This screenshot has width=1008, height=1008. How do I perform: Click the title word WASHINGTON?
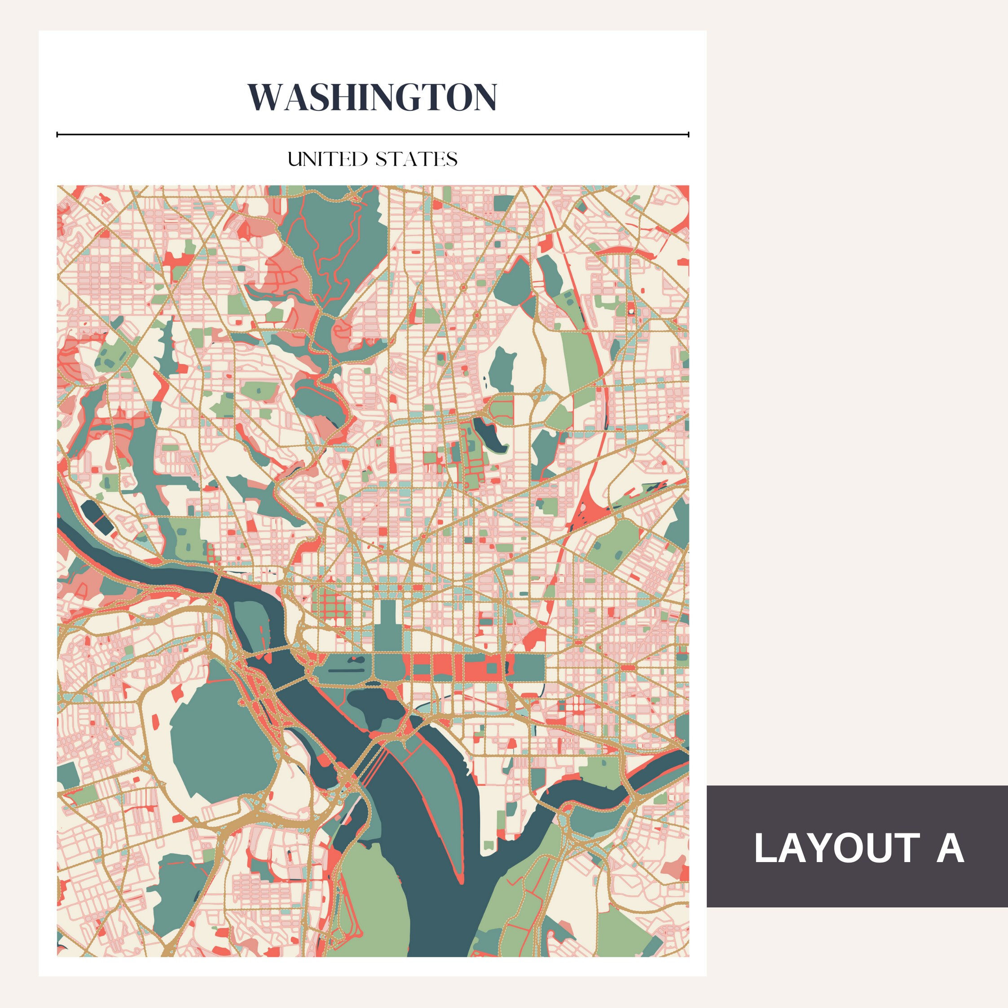(372, 97)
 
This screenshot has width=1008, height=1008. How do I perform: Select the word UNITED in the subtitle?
(328, 159)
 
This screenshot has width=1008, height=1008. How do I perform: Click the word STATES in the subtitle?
(416, 159)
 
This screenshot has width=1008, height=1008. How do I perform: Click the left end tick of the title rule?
(57, 135)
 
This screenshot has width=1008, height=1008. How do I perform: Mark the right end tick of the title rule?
(688, 135)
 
